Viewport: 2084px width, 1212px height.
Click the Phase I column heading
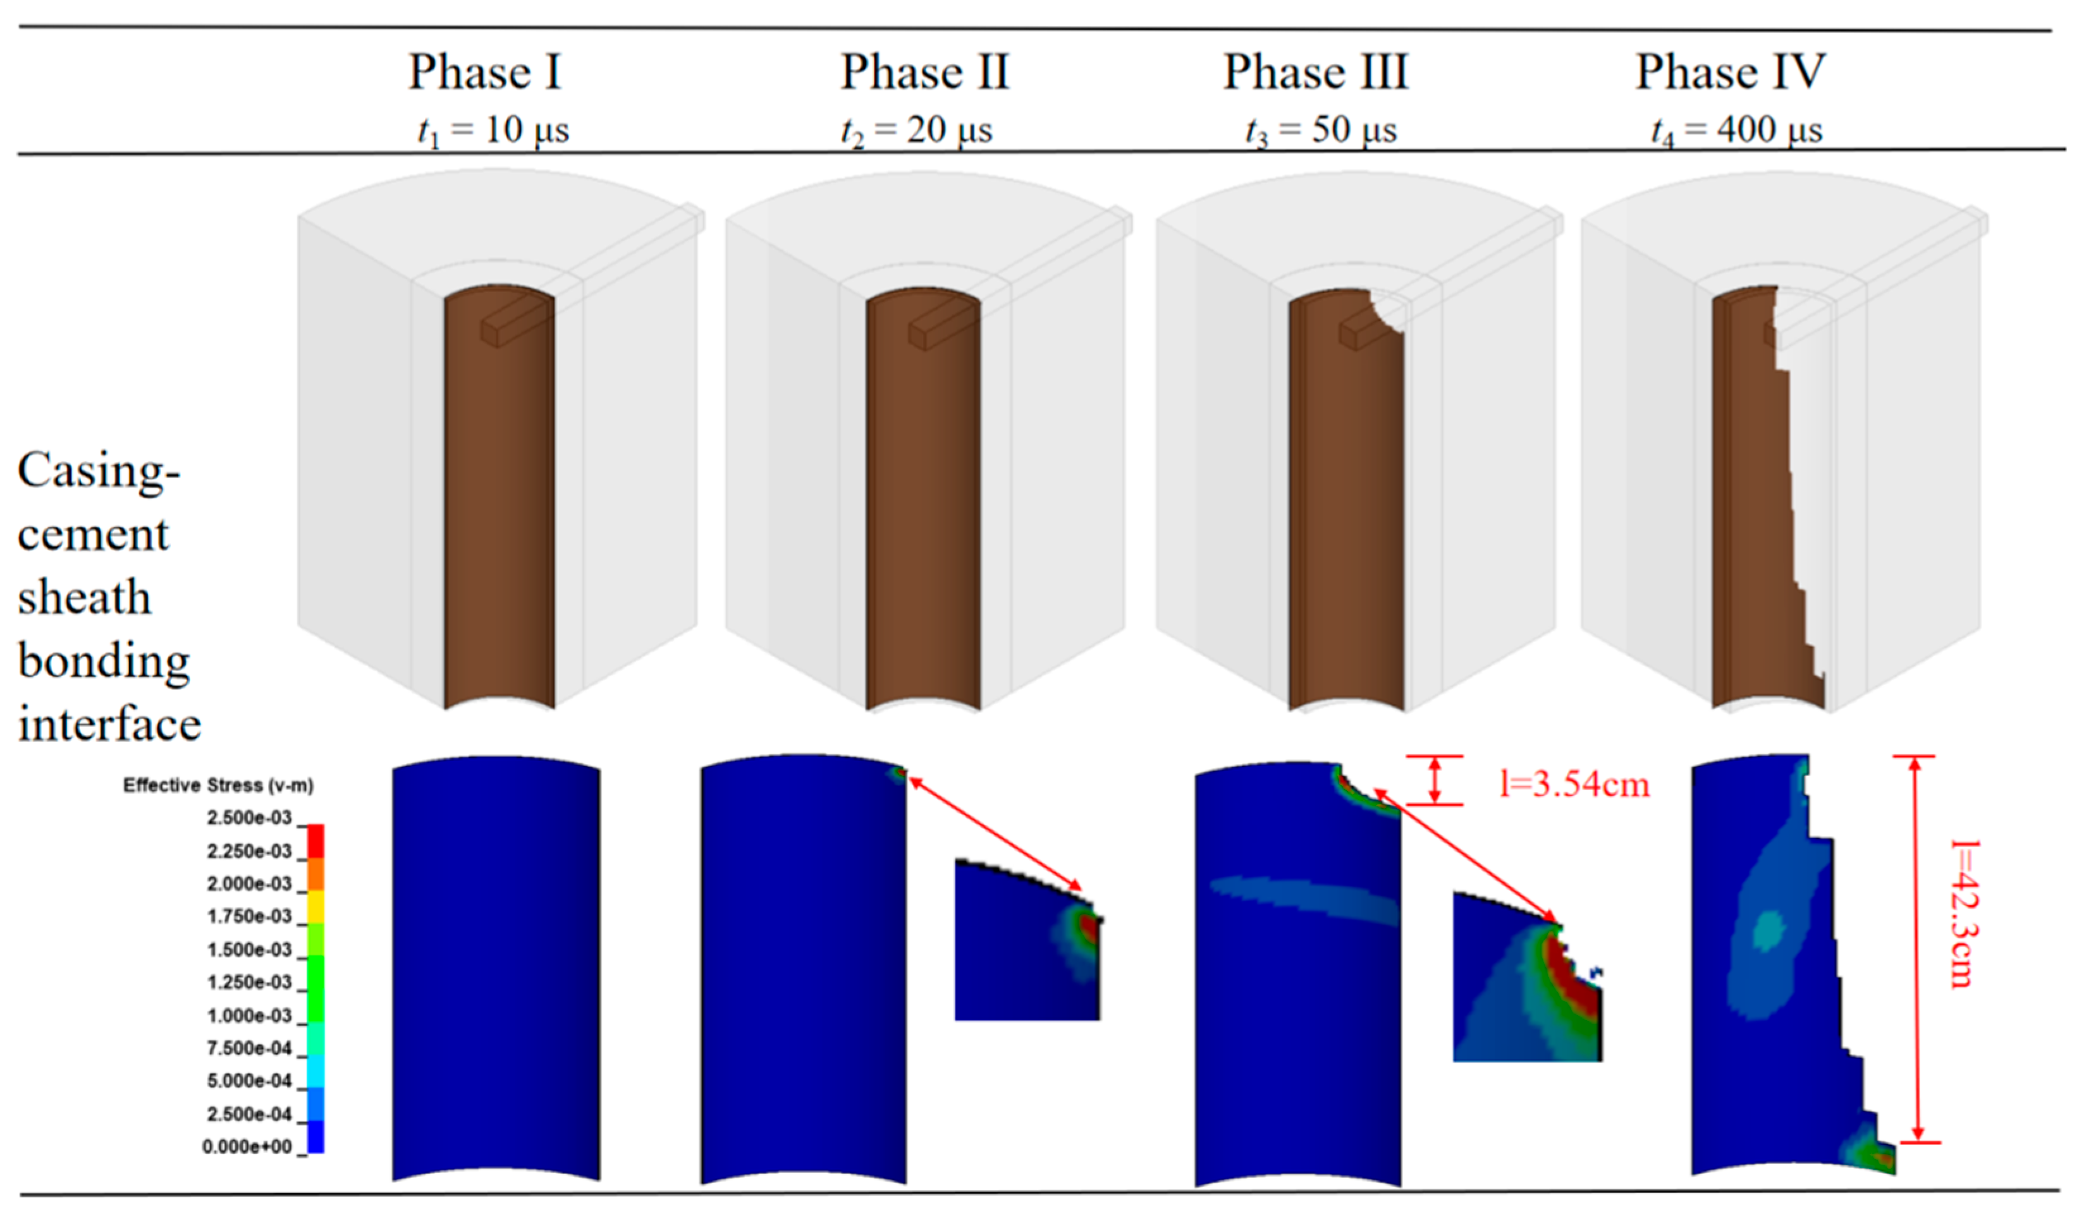(486, 72)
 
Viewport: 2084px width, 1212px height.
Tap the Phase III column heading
(1315, 72)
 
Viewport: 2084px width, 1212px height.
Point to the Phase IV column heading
(1730, 72)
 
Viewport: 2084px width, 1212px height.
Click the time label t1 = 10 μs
(494, 131)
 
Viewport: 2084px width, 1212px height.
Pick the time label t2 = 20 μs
(916, 131)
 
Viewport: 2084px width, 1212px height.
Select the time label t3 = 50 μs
(1321, 131)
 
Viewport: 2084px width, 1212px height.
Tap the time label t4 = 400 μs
(1737, 131)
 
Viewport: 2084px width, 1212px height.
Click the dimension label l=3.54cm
(1574, 784)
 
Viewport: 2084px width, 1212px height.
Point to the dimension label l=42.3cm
(1963, 914)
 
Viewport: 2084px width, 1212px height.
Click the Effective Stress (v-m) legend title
(218, 785)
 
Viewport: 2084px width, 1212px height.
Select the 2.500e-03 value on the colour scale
(249, 818)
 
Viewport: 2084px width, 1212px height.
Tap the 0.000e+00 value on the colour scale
(247, 1147)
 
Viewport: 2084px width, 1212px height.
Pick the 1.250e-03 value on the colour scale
(249, 982)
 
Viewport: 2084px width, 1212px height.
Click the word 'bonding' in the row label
(104, 662)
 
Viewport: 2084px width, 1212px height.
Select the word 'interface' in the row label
(109, 725)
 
